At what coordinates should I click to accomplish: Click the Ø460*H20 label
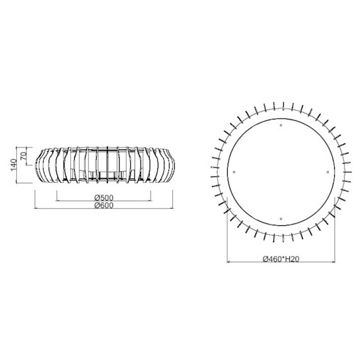(x=281, y=260)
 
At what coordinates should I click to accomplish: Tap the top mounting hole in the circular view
(x=281, y=125)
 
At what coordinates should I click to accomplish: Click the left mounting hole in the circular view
(x=234, y=172)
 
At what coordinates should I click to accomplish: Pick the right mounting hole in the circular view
(x=328, y=172)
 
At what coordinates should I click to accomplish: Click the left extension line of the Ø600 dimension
(x=35, y=195)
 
